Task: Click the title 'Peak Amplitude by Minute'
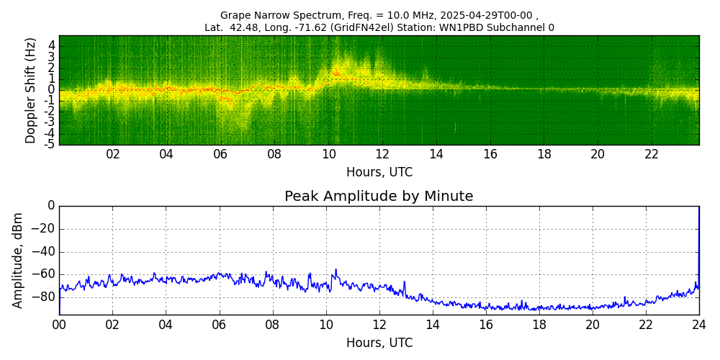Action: coord(379,197)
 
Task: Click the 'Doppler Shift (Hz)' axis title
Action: coord(31,91)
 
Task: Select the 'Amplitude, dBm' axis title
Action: coord(18,260)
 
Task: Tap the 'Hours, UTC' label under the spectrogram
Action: coord(379,173)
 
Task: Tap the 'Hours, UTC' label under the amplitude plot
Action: coord(379,343)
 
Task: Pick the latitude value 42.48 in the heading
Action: coord(249,27)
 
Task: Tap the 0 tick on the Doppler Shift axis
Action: coord(52,90)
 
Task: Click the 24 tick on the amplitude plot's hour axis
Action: coord(698,325)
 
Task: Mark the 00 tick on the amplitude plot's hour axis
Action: coord(59,325)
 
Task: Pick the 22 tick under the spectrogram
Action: coord(652,155)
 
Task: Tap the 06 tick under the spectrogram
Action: coord(220,155)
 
